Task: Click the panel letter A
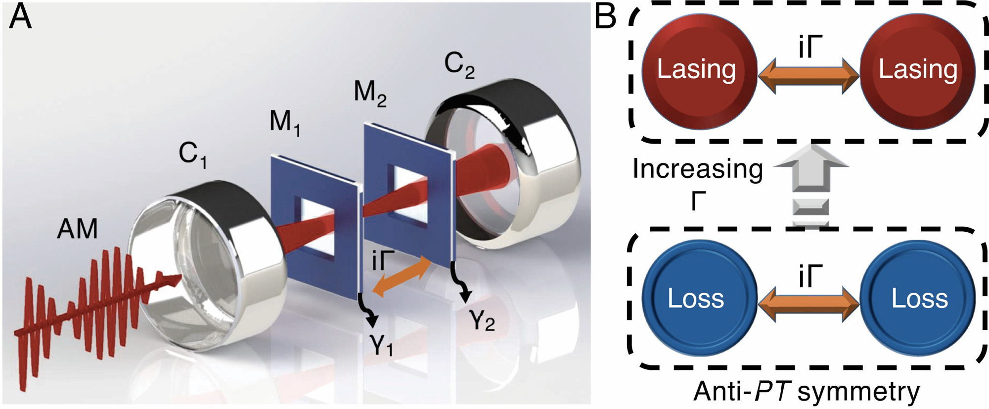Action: (21, 19)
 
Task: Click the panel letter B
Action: (605, 17)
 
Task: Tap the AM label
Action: (77, 229)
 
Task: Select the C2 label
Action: (459, 65)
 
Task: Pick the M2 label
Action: (370, 93)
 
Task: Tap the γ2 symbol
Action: (482, 320)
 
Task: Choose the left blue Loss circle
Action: (699, 299)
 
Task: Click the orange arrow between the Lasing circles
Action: (809, 76)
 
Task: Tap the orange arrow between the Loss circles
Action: (809, 304)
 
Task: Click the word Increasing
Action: (698, 169)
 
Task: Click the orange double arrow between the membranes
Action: (402, 277)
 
